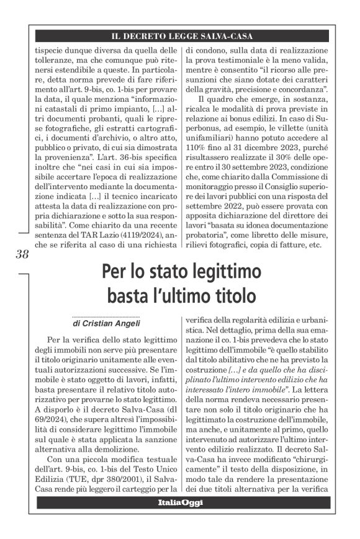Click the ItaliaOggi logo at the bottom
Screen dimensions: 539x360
tap(180, 503)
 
